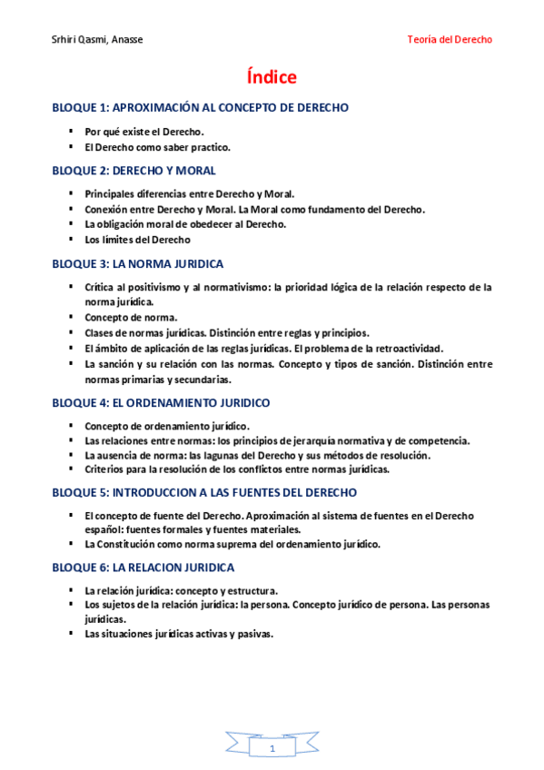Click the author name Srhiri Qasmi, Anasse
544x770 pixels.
coord(97,40)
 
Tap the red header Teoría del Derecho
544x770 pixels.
coord(450,40)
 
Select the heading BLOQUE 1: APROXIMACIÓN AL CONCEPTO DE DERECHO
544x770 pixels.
coord(200,108)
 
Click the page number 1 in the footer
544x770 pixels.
coord(272,748)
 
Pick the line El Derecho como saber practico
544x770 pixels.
coord(157,147)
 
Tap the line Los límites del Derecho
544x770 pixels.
coord(137,241)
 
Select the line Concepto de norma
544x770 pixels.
coord(131,318)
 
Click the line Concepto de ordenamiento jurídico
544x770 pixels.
coord(167,426)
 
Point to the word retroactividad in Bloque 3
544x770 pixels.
coord(409,348)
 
